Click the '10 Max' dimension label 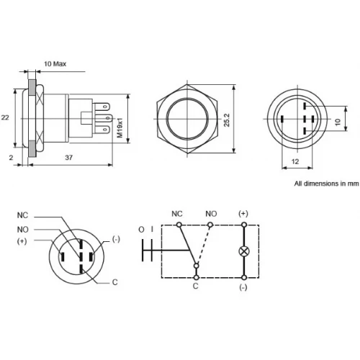point(55,64)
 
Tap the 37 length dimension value point(69,158)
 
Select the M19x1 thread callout point(120,127)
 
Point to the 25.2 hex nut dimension point(227,120)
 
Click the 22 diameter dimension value point(5,117)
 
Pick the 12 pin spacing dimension point(295,161)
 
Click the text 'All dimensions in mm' point(327,184)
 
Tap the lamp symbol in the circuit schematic point(244,251)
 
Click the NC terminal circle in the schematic point(179,225)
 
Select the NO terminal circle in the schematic point(210,225)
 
